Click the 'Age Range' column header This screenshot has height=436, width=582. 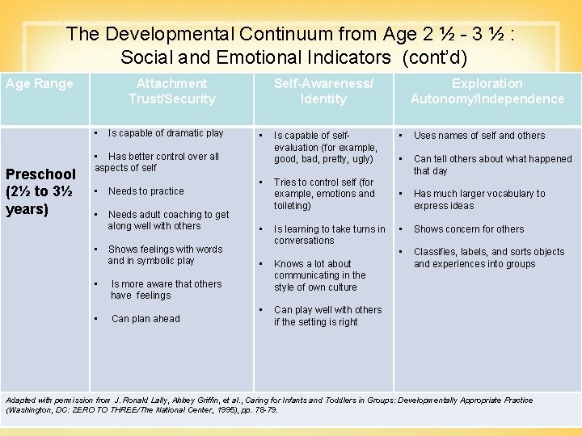39,84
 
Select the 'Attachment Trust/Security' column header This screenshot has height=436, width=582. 171,91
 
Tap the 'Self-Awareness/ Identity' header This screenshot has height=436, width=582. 323,91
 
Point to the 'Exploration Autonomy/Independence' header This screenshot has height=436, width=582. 487,91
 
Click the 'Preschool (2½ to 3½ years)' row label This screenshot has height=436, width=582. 40,192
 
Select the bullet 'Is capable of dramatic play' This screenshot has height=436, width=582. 165,133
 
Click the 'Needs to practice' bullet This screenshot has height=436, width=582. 145,191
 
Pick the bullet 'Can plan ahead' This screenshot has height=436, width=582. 145,319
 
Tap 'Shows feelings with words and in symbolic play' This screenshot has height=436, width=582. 165,255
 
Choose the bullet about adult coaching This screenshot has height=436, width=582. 167,220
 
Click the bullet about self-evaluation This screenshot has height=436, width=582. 325,148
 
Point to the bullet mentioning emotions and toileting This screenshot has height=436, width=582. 323,195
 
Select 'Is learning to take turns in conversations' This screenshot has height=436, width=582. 329,235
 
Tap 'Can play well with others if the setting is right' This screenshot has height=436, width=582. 327,316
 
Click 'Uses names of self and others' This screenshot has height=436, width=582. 479,136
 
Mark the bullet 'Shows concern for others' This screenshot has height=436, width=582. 468,229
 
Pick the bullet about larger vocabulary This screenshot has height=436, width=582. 479,199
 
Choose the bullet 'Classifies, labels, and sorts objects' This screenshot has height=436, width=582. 488,258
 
